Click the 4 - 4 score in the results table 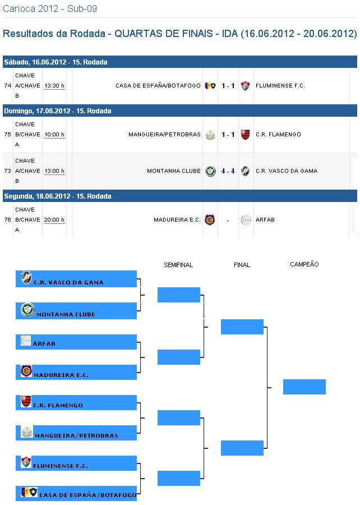[228, 171]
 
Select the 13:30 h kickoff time [54, 86]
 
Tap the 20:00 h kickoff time [54, 220]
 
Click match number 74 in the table [7, 86]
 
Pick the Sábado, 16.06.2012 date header [56, 62]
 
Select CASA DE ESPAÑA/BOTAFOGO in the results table [158, 86]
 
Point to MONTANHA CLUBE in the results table [173, 171]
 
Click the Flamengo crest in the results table [245, 135]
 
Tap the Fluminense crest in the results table [245, 86]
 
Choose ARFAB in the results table [265, 220]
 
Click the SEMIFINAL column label [178, 265]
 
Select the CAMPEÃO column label [304, 264]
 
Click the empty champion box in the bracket [304, 387]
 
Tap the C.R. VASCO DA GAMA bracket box [76, 279]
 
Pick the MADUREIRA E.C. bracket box [76, 372]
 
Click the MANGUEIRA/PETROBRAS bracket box [76, 433]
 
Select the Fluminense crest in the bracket [26, 462]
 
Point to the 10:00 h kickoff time [54, 135]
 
